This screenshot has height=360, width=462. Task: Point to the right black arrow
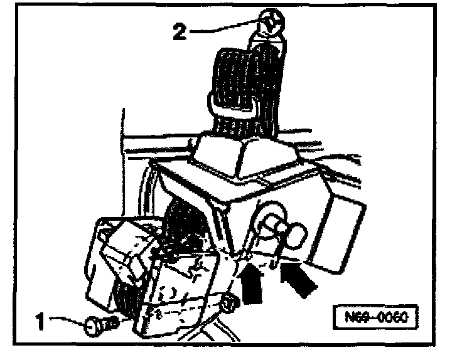pos(301,280)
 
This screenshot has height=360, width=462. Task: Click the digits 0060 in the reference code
pos(393,317)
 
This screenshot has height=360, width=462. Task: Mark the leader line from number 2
pos(220,28)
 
